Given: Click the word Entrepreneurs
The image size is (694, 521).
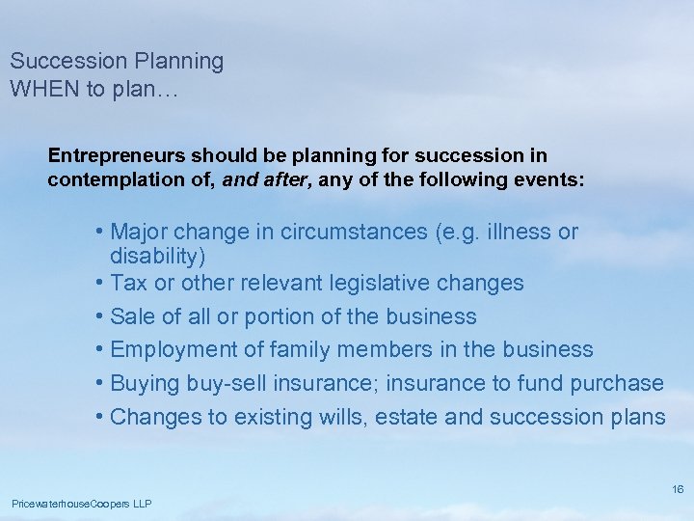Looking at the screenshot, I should [x=117, y=155].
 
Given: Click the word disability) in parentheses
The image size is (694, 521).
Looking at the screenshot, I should [x=157, y=257].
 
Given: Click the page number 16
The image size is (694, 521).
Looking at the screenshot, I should [x=678, y=490].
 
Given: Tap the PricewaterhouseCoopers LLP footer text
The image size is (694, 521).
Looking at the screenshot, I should [x=81, y=505].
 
